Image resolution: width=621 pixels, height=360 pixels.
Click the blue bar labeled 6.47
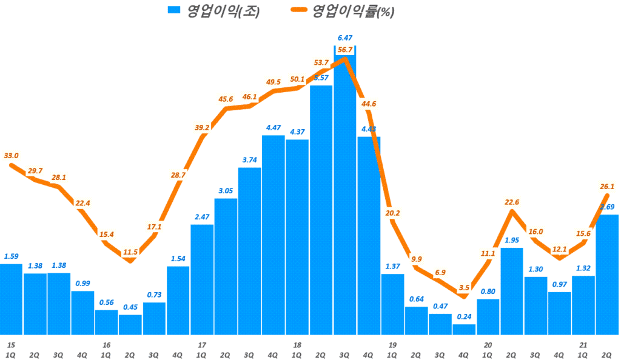344,194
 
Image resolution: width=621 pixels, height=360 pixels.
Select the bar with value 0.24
464,329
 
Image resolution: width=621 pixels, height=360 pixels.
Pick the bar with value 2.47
202,279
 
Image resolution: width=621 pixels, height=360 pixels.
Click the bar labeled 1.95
511,291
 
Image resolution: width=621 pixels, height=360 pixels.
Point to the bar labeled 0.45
130,324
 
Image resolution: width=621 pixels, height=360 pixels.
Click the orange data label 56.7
344,50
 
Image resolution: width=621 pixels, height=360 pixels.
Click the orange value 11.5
131,251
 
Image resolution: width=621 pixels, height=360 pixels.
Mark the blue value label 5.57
321,78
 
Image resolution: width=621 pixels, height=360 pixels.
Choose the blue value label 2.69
608,207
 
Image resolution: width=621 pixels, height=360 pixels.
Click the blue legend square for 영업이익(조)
175,10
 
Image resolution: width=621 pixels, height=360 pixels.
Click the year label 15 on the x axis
10,345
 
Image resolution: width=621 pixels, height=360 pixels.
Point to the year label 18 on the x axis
297,345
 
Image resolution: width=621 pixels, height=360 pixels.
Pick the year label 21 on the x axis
583,345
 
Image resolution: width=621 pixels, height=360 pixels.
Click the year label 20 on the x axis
488,345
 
